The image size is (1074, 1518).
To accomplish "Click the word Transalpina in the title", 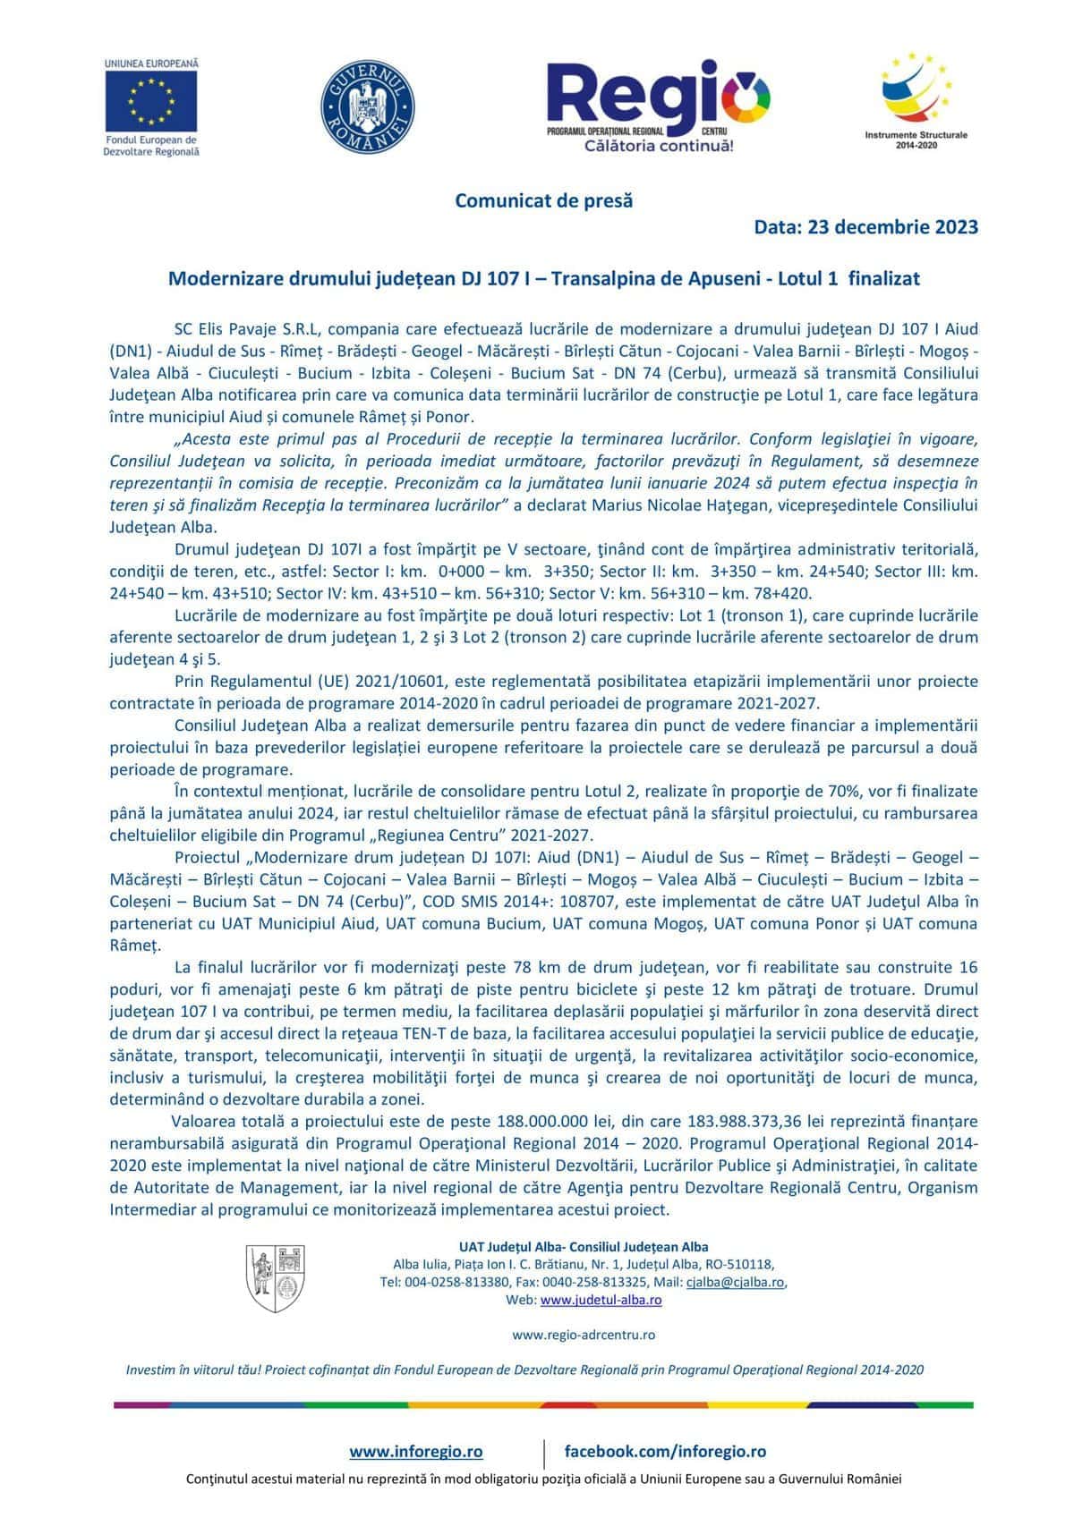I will pyautogui.click(x=604, y=279).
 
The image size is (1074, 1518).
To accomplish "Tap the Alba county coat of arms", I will pyautogui.click(x=275, y=1279).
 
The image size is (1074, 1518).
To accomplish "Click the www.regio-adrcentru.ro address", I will pyautogui.click(x=584, y=1335).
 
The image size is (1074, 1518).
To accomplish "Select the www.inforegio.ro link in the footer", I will pyautogui.click(x=416, y=1451).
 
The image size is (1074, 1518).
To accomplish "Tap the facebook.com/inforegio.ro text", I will pyautogui.click(x=665, y=1451).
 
